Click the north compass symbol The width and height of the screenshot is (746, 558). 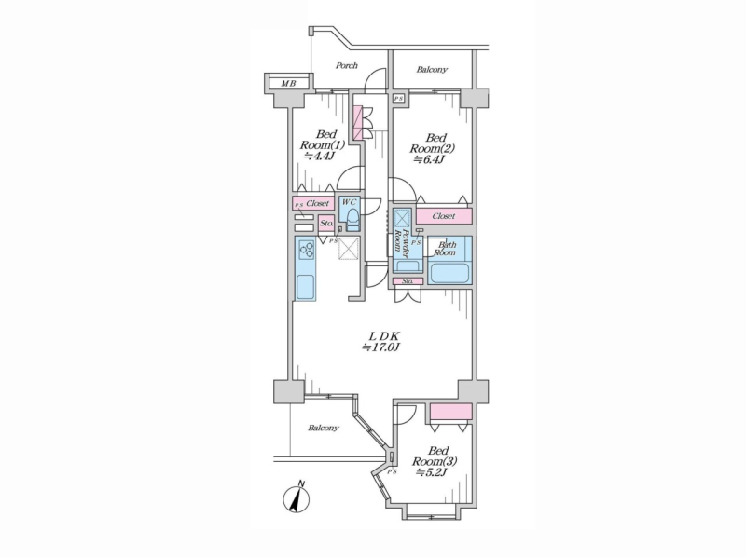(296, 498)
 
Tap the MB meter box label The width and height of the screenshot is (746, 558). (288, 84)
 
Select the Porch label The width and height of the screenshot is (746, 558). (346, 65)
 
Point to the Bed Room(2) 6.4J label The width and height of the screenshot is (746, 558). (432, 149)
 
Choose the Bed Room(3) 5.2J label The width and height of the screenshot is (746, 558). (435, 461)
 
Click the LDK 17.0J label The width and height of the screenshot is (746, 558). (380, 341)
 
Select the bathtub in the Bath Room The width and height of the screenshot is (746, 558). (449, 273)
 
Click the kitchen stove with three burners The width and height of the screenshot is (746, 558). (307, 250)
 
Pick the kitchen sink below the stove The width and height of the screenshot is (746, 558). (306, 287)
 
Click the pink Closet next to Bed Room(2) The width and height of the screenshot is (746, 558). (445, 216)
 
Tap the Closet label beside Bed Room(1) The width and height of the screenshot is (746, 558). (317, 203)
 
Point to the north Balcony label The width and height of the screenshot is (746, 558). (432, 70)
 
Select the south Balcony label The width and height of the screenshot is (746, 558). (323, 429)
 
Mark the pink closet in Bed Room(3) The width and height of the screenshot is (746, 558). (451, 412)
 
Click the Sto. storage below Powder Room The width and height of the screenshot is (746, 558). (408, 281)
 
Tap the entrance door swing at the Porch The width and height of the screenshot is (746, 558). (375, 79)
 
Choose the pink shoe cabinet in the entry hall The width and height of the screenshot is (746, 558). (358, 122)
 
